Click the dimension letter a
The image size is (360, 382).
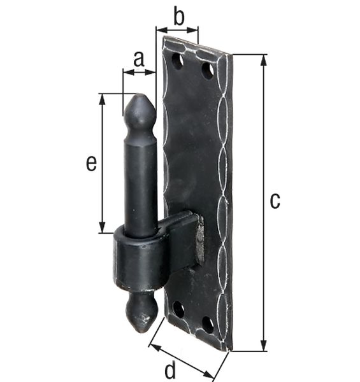pos(138,59)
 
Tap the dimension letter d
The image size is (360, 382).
pos(171,370)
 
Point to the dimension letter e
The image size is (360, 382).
pos(92,164)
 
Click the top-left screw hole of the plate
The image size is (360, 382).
pos(178,62)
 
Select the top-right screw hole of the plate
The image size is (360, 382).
pos(208,70)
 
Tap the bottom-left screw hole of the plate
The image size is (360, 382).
pos(179,309)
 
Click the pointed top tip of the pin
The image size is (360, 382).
pos(139,97)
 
